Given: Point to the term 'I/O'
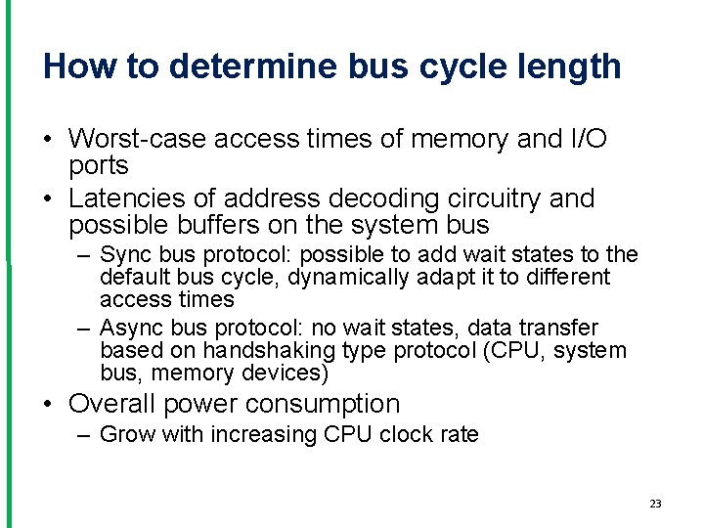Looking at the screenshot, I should tap(587, 140).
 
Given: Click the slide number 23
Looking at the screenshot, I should tap(655, 504).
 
